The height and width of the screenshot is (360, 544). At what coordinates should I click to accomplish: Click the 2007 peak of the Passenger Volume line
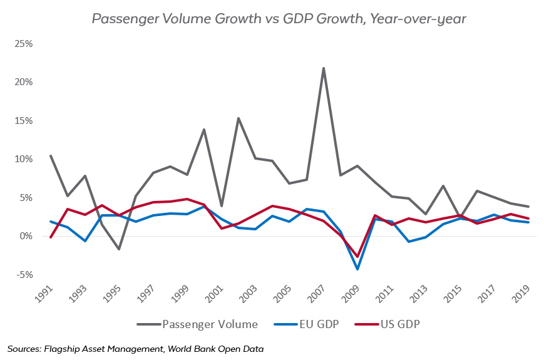323,68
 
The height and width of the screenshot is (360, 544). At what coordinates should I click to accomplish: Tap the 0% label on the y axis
25,236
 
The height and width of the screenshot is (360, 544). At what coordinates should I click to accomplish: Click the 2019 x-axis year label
522,296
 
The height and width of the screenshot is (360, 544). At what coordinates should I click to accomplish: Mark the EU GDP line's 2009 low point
357,269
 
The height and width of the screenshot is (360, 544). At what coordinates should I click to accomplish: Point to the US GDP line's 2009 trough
357,257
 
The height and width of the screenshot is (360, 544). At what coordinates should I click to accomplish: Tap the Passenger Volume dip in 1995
119,249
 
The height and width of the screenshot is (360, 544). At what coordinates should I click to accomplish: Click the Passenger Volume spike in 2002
238,118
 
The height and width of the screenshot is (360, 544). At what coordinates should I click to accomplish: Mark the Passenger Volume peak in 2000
204,130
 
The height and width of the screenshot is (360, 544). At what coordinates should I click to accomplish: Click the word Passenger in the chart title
121,18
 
